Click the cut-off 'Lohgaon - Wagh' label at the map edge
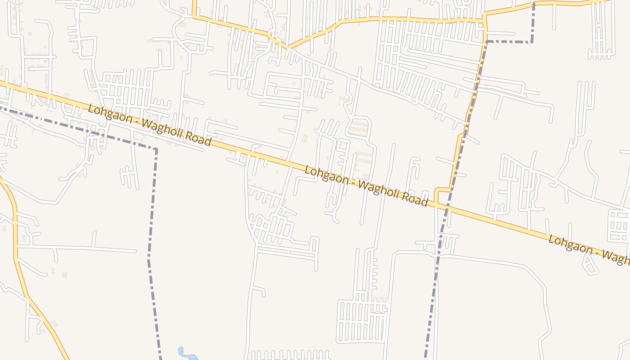coord(589,248)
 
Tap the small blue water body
coord(187,353)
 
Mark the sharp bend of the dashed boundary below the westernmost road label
coord(156,149)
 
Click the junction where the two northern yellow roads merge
coord(288,47)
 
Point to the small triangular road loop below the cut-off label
coord(589,266)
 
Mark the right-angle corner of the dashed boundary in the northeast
coord(532,42)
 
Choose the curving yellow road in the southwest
coord(18,270)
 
